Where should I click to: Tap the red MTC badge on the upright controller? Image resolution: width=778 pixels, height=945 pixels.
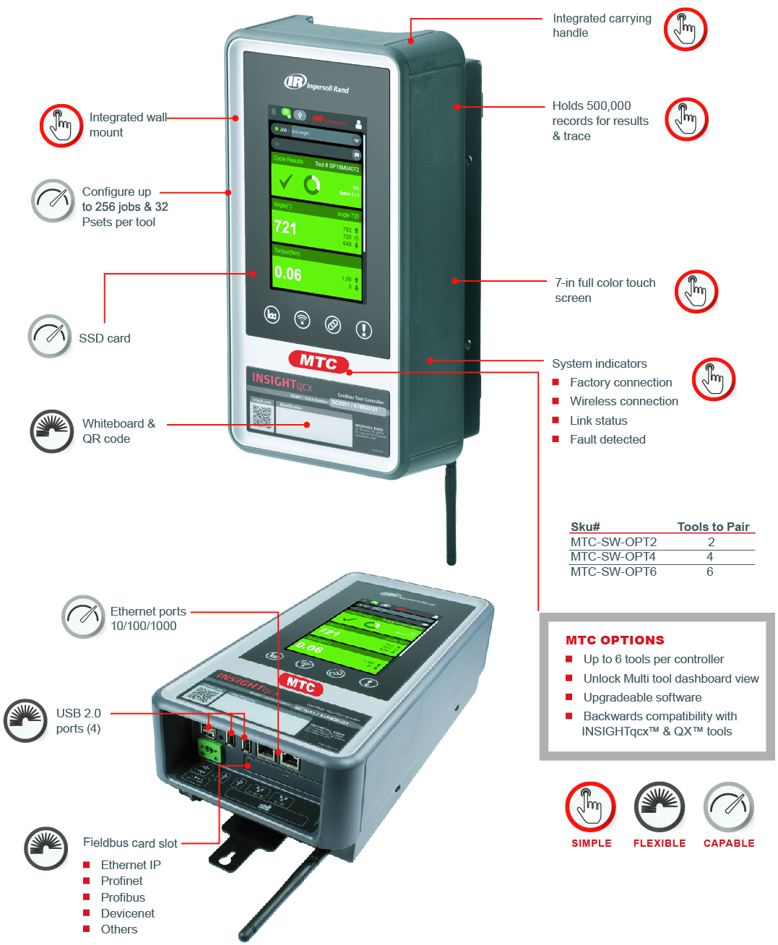(319, 361)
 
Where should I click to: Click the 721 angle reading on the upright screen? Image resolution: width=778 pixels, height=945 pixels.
(285, 228)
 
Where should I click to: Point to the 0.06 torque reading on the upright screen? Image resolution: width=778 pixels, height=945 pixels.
(288, 274)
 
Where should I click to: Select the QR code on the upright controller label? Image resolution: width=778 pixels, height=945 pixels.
(262, 416)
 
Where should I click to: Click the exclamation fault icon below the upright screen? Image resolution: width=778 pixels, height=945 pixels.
(364, 330)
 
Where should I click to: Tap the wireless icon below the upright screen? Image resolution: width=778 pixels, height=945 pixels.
(302, 319)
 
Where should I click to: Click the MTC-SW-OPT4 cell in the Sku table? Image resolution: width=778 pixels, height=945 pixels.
(613, 556)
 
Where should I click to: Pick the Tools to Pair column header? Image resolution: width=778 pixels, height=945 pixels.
(712, 527)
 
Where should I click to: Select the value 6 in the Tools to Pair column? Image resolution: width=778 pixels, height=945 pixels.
(709, 571)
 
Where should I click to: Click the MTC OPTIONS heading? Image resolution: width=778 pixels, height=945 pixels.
(615, 640)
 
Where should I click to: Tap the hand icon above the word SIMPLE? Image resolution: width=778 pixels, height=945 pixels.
(590, 806)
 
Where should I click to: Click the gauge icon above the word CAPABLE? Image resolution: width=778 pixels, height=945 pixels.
(728, 806)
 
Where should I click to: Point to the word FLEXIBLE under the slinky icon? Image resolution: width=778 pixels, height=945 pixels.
(659, 843)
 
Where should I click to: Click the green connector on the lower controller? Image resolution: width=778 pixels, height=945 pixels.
(210, 751)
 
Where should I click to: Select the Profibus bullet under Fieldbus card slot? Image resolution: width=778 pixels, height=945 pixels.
(123, 897)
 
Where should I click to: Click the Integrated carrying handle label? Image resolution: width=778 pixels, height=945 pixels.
(601, 25)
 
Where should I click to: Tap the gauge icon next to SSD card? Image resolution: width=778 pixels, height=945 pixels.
(50, 336)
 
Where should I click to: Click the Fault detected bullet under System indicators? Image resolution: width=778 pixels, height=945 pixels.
(607, 439)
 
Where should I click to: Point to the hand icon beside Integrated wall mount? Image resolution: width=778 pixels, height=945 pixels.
(61, 126)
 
